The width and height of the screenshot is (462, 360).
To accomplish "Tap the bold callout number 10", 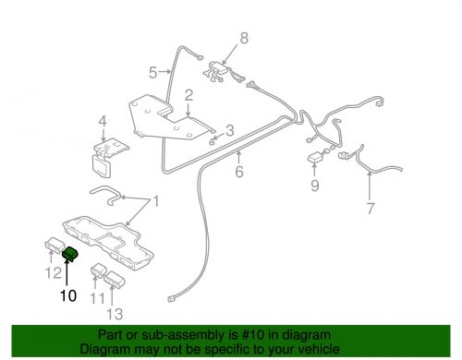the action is [68, 295].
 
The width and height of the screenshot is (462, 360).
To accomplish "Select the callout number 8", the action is [244, 38].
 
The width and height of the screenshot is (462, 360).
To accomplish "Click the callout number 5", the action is [153, 73].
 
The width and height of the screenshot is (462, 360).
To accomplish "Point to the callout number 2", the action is [188, 95].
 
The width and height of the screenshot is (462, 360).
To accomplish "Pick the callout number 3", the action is [230, 130].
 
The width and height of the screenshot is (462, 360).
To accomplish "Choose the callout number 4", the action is [103, 121].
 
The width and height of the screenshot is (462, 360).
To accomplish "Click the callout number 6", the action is [239, 172].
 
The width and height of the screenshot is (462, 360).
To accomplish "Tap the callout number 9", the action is [314, 186].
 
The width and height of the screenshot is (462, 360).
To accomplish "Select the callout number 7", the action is [371, 209].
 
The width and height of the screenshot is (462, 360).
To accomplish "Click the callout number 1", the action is [156, 201].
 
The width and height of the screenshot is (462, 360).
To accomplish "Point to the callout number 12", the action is [54, 272].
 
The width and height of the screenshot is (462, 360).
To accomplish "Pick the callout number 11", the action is [97, 298].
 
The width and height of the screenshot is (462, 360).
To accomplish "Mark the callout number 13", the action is [115, 314].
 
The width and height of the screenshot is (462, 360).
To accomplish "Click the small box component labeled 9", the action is [315, 158].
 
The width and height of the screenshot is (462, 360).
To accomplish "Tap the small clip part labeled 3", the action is [212, 141].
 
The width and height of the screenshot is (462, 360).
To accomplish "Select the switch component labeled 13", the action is [115, 279].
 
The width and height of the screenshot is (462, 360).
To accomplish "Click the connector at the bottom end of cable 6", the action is [172, 299].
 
